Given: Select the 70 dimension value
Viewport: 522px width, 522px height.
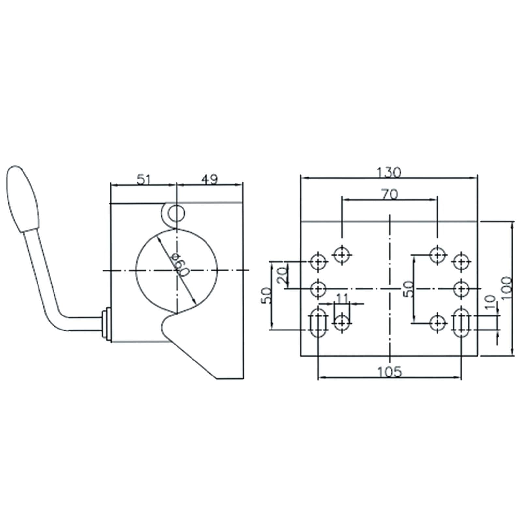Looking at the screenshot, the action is click(x=390, y=194).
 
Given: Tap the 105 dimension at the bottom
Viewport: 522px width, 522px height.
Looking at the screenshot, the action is click(x=390, y=372).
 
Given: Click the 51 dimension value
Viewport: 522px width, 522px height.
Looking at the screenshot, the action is click(x=144, y=180).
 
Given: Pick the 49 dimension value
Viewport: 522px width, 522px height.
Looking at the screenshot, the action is click(x=209, y=180).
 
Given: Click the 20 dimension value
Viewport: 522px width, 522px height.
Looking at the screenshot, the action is click(x=282, y=275).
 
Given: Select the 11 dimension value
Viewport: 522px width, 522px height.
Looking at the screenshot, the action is click(x=342, y=298).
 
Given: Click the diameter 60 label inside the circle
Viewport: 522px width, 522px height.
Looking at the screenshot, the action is click(x=178, y=265).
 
